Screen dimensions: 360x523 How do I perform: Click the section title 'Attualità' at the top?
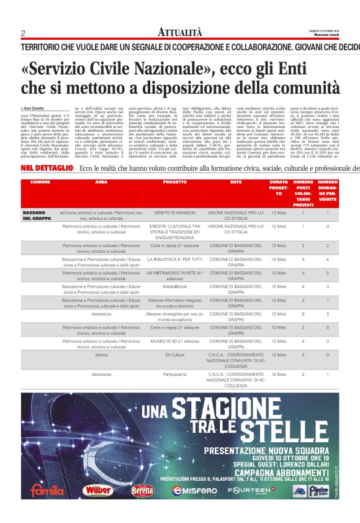pyautogui.click(x=180, y=32)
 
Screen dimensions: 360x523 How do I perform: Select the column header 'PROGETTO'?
pyautogui.click(x=174, y=182)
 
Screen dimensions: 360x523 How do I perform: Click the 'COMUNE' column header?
pyautogui.click(x=40, y=182)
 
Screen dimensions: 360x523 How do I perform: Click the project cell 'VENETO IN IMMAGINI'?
pyautogui.click(x=174, y=212)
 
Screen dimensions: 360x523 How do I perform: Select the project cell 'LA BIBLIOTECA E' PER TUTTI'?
pyautogui.click(x=174, y=259)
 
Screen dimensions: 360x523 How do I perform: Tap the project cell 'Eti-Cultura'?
pyautogui.click(x=174, y=355)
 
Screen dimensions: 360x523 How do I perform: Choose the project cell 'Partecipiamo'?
pyautogui.click(x=174, y=375)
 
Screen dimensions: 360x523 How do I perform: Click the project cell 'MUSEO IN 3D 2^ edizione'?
pyautogui.click(x=174, y=341)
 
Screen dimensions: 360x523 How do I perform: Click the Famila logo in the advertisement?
pyautogui.click(x=47, y=489)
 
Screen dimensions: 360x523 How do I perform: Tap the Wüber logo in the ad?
pyautogui.click(x=97, y=489)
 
